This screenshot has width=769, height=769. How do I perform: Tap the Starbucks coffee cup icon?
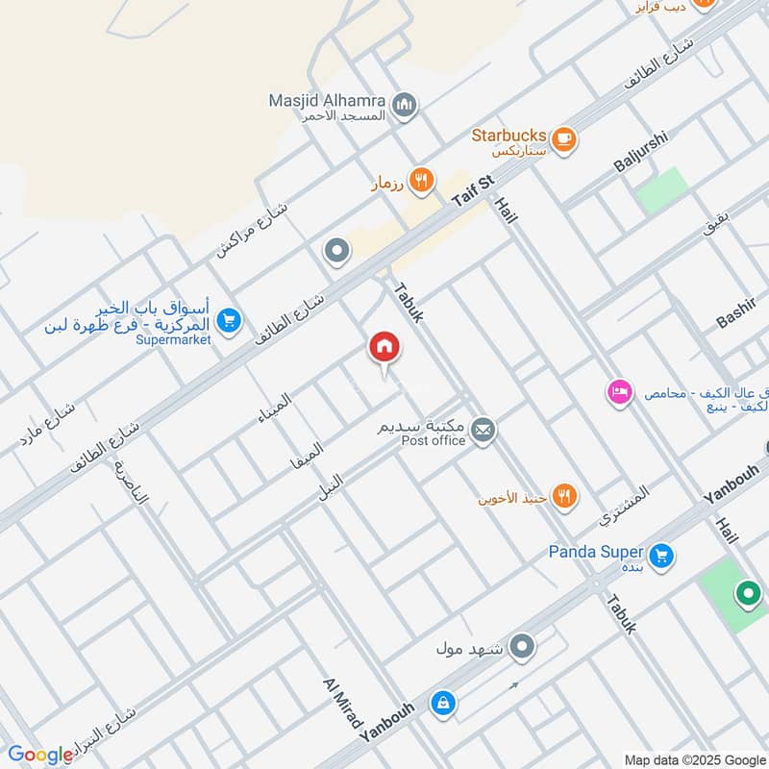563,137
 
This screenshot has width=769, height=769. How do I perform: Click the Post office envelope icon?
484,431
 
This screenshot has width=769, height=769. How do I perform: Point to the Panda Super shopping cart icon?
660,555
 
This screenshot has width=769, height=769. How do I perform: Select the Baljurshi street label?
640,151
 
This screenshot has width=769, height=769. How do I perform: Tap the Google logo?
40,755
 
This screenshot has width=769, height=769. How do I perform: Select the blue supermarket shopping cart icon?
228,320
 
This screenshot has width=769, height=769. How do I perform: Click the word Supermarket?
173,340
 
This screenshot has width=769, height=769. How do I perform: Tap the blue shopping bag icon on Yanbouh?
442,704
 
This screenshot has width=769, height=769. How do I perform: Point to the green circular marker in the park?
748,594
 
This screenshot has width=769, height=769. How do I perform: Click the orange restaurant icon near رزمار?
420,180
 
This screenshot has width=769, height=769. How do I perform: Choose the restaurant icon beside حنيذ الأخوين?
565,496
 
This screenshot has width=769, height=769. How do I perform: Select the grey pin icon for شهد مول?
522,646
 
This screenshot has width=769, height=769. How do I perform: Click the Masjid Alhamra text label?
328,101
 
